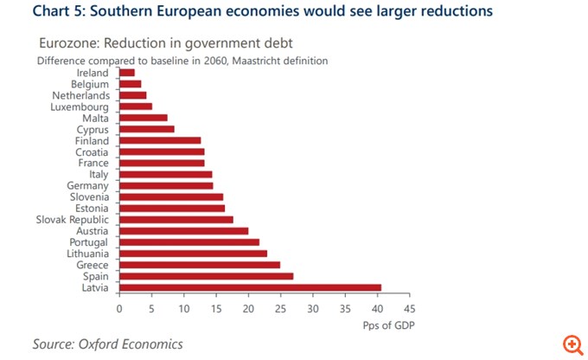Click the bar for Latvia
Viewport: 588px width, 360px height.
pyautogui.click(x=250, y=287)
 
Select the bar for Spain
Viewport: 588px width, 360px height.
pyautogui.click(x=206, y=276)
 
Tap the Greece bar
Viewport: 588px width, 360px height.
pyautogui.click(x=200, y=265)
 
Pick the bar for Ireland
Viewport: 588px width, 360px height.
pyautogui.click(x=127, y=73)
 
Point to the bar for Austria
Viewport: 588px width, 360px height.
pyautogui.click(x=183, y=231)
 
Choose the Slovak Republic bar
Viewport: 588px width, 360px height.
pyautogui.click(x=176, y=220)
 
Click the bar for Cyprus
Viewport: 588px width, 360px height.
pyautogui.click(x=147, y=129)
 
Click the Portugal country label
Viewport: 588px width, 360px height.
pyautogui.click(x=88, y=242)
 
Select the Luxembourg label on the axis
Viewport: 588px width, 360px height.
pyautogui.click(x=80, y=106)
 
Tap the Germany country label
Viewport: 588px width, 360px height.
pyautogui.click(x=88, y=186)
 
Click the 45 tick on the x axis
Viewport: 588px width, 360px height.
pyautogui.click(x=409, y=308)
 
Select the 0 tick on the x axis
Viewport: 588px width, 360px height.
pyautogui.click(x=119, y=308)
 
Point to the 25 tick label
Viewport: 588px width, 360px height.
pyautogui.click(x=280, y=308)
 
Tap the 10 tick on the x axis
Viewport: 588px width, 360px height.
pyautogui.click(x=183, y=308)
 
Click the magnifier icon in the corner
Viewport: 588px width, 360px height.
pyautogui.click(x=572, y=344)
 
